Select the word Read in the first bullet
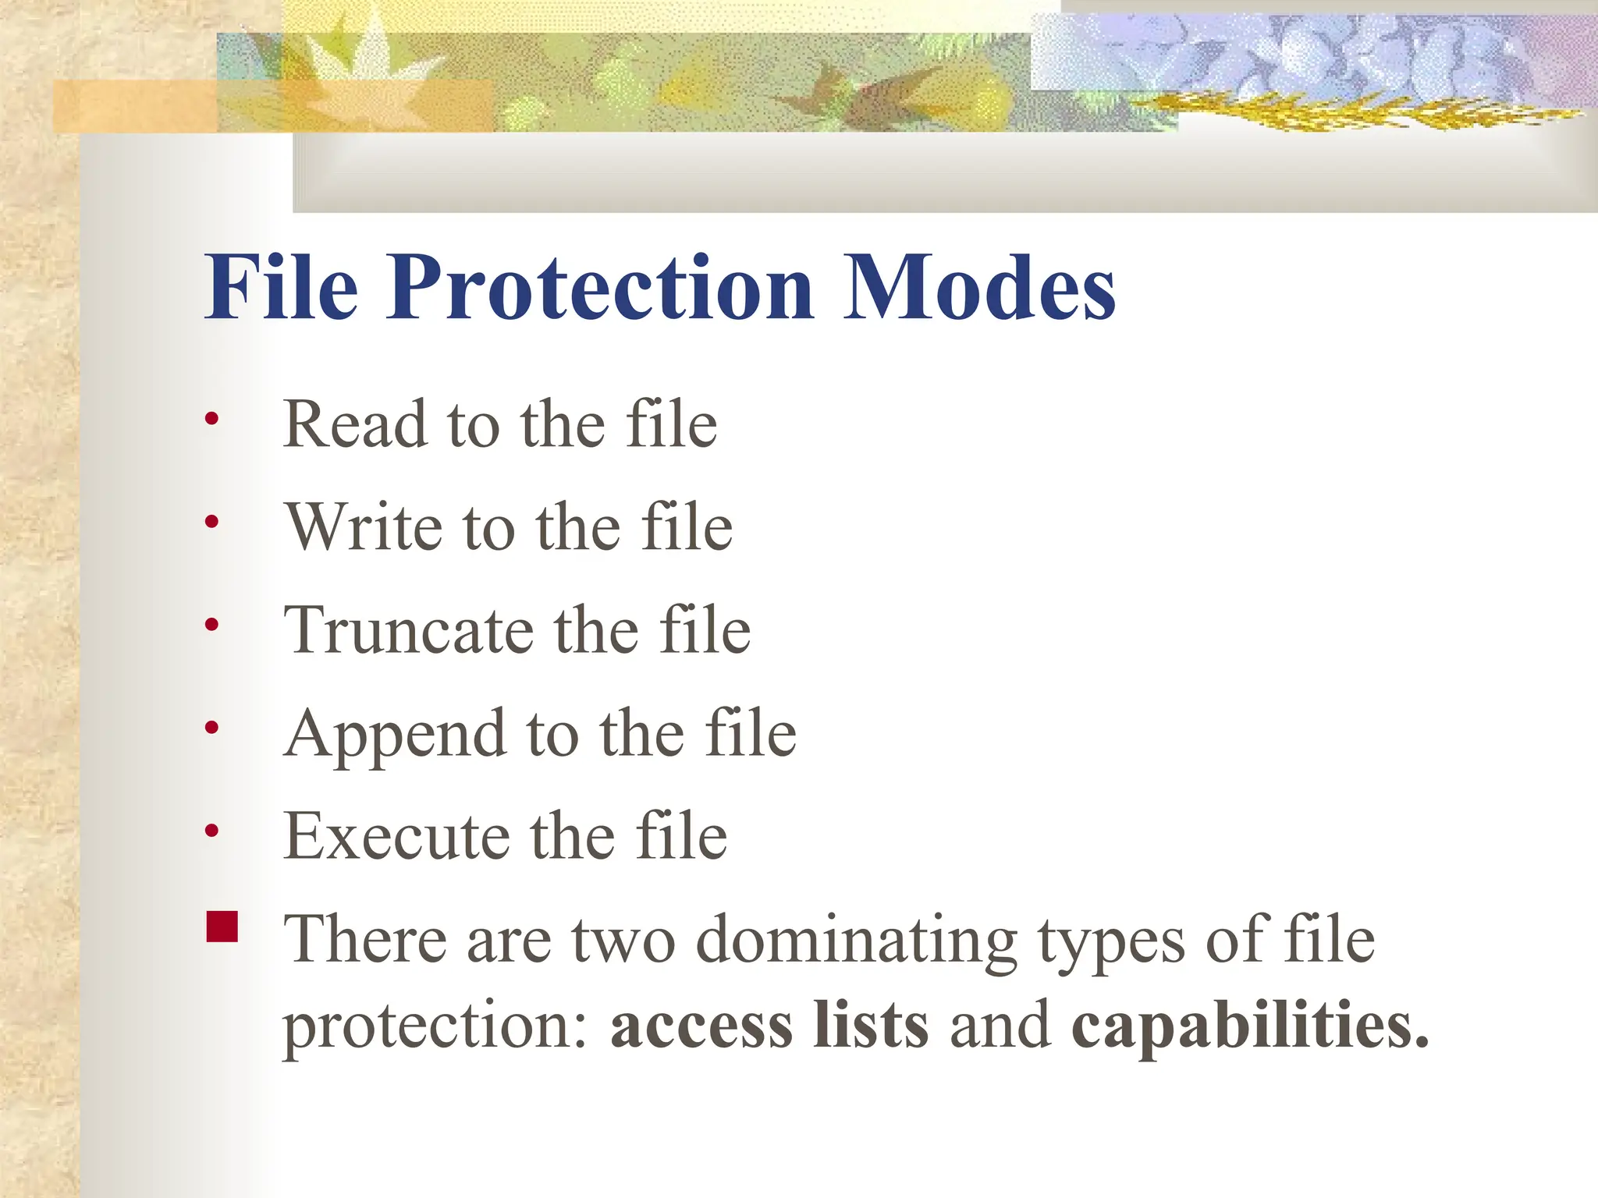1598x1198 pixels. [x=355, y=424]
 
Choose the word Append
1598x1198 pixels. [x=395, y=735]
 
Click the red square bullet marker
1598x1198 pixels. [x=222, y=927]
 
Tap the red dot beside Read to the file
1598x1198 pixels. [x=211, y=420]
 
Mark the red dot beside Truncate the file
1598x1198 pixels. [x=211, y=625]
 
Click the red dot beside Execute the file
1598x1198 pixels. [x=211, y=831]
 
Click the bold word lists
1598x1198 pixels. [x=871, y=1025]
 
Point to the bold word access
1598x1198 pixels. [x=701, y=1025]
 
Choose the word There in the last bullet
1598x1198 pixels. [x=365, y=939]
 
